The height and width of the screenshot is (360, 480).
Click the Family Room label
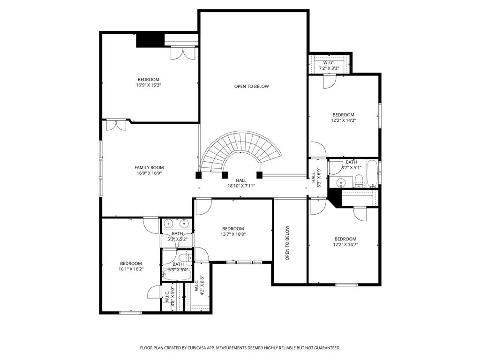pos(149,167)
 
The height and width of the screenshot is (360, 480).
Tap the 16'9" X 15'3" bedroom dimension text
pos(149,85)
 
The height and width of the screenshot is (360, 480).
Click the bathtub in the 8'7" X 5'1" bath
pos(372,173)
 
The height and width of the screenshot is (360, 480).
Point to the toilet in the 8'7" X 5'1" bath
pos(359,181)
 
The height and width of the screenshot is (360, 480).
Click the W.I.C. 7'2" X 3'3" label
pos(329,66)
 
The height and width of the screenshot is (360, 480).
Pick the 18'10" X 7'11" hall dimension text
pos(241,186)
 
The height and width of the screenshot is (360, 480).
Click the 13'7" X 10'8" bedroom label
pos(233,232)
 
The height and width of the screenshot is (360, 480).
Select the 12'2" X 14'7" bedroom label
pos(345,241)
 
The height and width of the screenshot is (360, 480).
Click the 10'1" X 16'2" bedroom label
pos(131,266)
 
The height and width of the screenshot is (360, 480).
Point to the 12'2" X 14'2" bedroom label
pos(344,118)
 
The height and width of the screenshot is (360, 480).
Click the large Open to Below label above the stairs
pos(252,86)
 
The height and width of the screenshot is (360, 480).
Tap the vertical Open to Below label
pos(287,243)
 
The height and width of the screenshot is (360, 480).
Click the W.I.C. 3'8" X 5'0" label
pos(170,296)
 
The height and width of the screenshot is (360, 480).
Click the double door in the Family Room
pos(116,125)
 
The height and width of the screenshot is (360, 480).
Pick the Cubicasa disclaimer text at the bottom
pos(240,348)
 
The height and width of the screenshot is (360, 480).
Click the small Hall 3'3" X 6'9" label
pos(316,178)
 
